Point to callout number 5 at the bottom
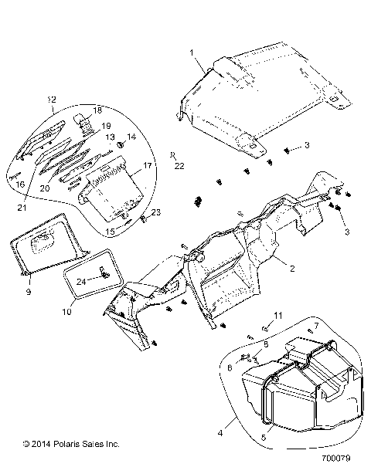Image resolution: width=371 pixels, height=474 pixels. click(266, 438)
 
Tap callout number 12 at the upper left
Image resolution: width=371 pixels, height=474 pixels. click(52, 100)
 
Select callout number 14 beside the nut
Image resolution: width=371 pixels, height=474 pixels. click(131, 137)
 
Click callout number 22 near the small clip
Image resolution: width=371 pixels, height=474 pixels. click(179, 166)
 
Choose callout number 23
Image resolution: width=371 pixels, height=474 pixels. click(155, 212)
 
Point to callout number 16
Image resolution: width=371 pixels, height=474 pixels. click(22, 185)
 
